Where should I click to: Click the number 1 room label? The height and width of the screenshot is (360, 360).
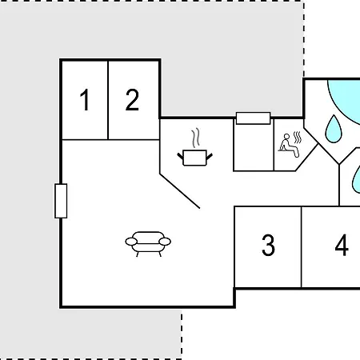pos(85,100)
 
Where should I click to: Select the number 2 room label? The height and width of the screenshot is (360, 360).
pos(132,100)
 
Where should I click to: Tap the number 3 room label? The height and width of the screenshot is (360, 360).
pos(268,245)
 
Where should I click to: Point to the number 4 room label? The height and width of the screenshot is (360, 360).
pos(342,245)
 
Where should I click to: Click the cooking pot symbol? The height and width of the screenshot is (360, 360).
pos(195,158)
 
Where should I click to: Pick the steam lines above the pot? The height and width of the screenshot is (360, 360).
pos(196,138)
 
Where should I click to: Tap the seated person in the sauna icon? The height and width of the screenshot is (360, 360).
pos(288,146)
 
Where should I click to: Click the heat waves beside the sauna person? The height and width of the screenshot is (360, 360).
pos(298,137)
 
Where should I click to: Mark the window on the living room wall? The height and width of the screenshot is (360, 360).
pos(61,201)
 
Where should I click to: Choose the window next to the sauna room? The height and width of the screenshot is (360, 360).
pos(253,118)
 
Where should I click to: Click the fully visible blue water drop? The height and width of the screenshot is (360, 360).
pos(334,129)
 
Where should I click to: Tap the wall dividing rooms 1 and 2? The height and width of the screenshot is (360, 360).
pos(108,100)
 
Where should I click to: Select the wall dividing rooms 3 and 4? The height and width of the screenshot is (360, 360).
pos(302,247)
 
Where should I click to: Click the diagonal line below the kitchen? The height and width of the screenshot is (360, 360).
pos(180,190)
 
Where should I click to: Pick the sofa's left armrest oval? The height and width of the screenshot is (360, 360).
pos(131,242)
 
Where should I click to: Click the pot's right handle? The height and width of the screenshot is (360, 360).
pos(210,157)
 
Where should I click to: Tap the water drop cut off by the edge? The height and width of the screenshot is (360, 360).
pos(356,178)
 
